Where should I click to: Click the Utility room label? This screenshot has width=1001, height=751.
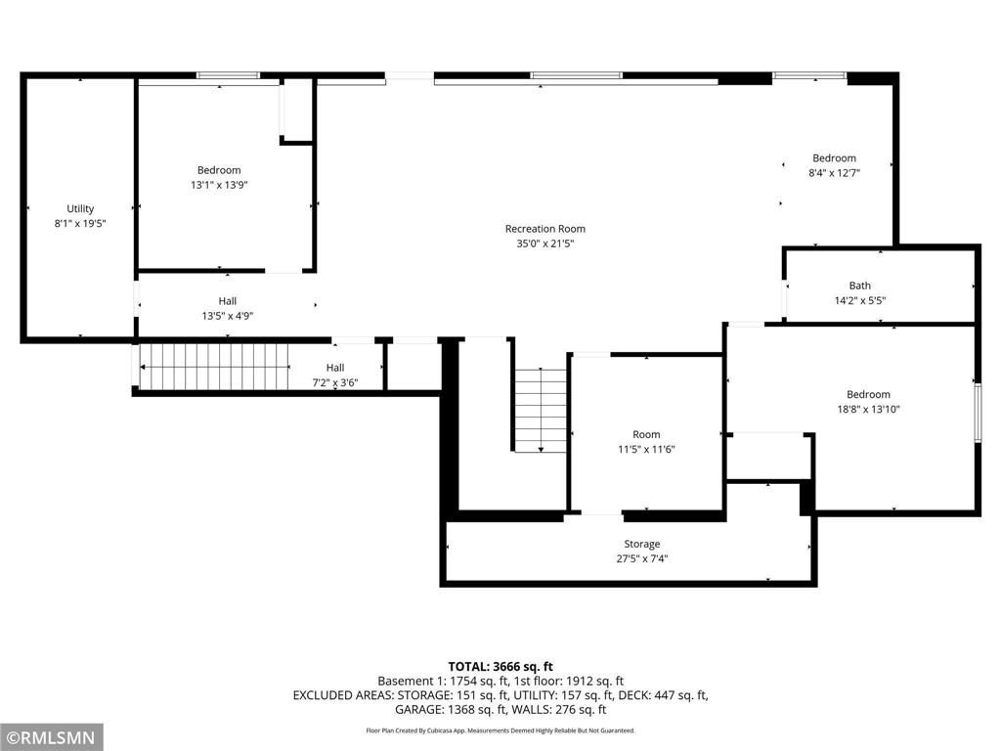click(80, 208)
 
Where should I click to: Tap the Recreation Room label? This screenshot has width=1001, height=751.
click(544, 229)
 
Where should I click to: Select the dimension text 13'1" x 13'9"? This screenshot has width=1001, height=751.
click(218, 185)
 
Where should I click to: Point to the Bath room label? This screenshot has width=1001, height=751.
click(859, 287)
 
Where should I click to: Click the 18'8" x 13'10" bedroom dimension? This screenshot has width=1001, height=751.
click(868, 410)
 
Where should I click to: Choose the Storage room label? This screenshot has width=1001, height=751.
click(641, 544)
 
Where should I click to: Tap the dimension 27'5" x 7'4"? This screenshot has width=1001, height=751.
click(641, 559)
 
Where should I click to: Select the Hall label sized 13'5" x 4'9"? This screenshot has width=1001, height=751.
click(227, 301)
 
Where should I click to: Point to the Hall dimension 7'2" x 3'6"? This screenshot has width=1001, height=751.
click(334, 382)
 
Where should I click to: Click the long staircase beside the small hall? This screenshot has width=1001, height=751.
click(215, 367)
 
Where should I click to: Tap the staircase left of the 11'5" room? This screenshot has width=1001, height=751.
click(541, 410)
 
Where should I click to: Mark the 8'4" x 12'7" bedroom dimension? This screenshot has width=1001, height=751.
click(834, 173)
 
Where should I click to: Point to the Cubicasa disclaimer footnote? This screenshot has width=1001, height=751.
click(500, 730)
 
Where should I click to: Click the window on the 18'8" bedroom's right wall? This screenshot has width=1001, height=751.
click(977, 411)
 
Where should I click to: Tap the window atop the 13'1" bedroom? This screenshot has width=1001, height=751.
click(228, 75)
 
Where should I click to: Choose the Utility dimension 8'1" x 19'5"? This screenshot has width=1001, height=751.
click(80, 223)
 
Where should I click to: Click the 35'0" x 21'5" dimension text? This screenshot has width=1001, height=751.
click(544, 243)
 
